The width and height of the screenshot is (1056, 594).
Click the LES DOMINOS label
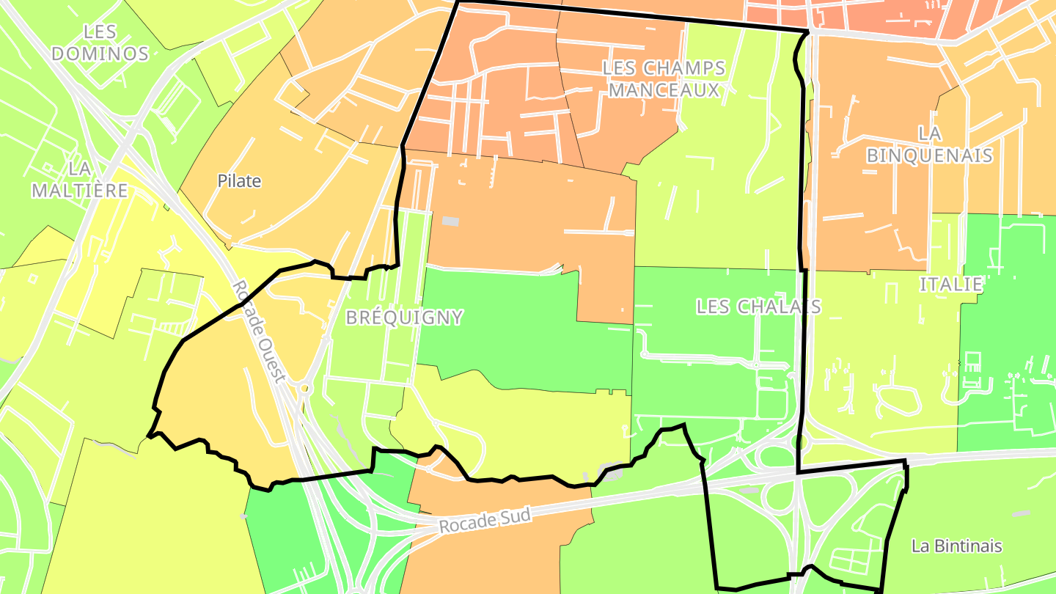point(100,43)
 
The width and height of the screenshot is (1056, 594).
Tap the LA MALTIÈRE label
point(79,180)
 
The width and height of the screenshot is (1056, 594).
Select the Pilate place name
point(239,181)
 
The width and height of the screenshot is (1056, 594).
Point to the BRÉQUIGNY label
point(404,318)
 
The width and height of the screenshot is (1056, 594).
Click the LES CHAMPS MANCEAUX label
point(664,79)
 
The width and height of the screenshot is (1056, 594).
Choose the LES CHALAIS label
point(758,307)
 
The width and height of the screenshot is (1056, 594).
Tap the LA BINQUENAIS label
point(929,144)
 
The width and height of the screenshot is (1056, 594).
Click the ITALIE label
point(951,285)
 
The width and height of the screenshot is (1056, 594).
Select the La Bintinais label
point(956,546)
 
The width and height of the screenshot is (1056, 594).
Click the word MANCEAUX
point(664,90)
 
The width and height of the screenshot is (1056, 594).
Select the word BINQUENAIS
point(929,155)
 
